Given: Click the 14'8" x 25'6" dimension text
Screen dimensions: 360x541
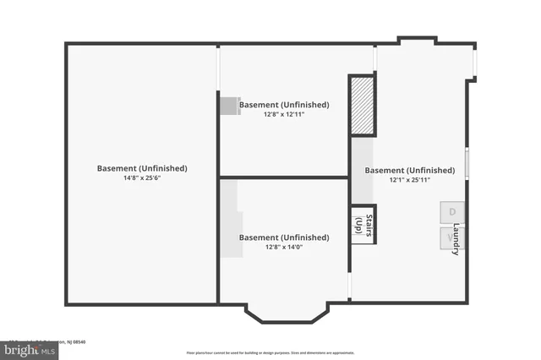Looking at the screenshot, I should pos(141,178).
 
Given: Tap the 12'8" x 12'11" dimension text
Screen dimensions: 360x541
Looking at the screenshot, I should pos(283,115).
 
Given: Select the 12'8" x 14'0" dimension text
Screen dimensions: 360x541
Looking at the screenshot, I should pos(283,248).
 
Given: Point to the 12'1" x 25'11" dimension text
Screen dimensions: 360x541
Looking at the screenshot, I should pos(410,180).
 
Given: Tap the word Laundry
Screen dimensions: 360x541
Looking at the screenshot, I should pos(456,239).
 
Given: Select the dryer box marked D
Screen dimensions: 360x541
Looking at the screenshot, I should pos(451,212).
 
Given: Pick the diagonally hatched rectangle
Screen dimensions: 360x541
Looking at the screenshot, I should pos(363,106).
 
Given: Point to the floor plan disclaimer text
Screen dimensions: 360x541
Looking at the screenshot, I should pos(270,352).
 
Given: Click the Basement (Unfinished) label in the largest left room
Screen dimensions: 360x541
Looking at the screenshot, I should pos(141,168).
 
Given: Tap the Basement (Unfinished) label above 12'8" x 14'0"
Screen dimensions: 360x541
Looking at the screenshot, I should pos(283,237).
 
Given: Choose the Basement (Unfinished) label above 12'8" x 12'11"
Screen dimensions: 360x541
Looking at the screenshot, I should pos(283,105).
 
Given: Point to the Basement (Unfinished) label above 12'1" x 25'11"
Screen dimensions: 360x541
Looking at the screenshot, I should pos(410,170).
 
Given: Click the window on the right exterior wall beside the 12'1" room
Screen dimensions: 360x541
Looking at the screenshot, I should pos(467,163).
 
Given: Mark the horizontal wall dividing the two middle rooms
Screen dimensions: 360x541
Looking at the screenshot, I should pos(283,177).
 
